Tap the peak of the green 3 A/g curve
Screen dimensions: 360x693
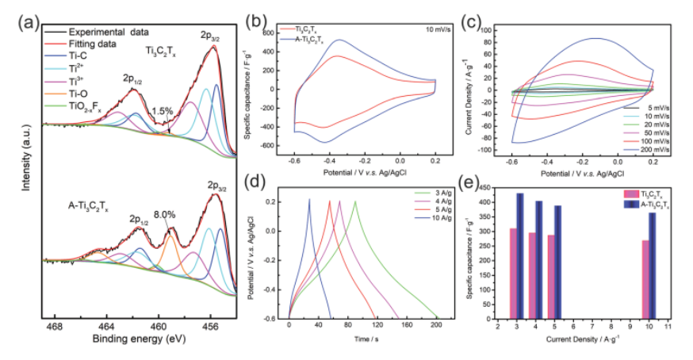pos(354,201)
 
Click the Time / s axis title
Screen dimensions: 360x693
pos(363,339)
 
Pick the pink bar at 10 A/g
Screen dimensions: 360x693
pos(645,278)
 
